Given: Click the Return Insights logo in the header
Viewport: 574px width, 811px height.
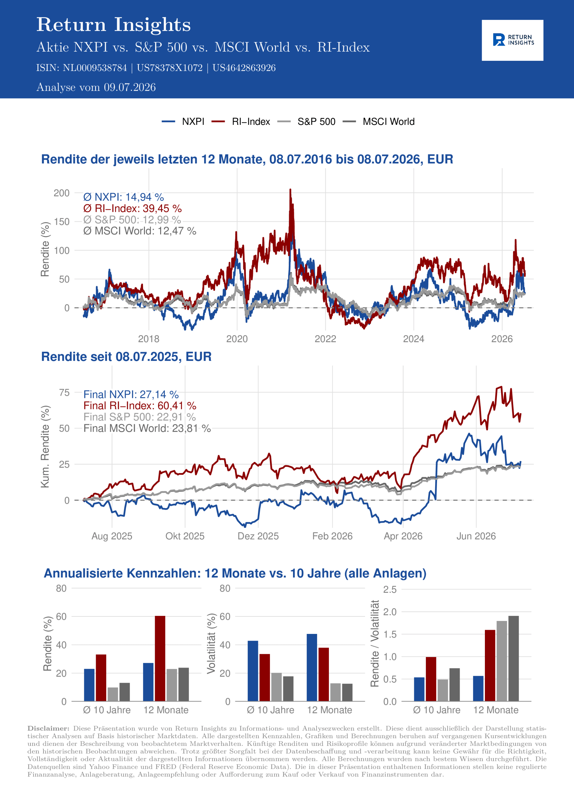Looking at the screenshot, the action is (x=512, y=40).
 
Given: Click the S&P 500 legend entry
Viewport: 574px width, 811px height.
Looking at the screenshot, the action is (x=306, y=122).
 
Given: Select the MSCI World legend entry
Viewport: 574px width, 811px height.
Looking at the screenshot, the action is (x=379, y=122).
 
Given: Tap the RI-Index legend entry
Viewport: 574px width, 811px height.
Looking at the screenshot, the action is (x=241, y=122).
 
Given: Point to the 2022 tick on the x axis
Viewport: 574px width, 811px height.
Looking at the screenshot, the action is (x=325, y=339).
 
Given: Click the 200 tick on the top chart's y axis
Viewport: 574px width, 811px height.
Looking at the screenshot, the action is (x=62, y=193).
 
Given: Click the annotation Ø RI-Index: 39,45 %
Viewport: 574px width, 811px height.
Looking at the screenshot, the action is (x=133, y=208).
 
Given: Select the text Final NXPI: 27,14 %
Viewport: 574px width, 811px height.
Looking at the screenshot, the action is (x=131, y=394).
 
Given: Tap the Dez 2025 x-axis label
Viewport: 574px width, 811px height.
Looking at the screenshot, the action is (x=258, y=536).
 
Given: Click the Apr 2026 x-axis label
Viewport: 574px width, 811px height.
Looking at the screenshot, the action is (x=403, y=536).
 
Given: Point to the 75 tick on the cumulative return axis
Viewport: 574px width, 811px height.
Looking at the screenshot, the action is (x=64, y=393).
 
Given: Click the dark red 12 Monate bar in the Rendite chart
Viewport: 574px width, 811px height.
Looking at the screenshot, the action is (x=160, y=658).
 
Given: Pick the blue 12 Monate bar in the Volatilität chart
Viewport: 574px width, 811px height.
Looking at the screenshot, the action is (x=312, y=667).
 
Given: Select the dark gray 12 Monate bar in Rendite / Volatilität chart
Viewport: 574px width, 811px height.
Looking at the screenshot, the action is (x=513, y=658).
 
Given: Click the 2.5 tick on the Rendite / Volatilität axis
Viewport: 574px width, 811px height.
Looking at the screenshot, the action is (x=390, y=590).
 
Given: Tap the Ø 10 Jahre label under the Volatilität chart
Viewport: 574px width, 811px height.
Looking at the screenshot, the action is (x=271, y=710).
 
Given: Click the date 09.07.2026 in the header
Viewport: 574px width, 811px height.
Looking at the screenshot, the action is (x=130, y=87).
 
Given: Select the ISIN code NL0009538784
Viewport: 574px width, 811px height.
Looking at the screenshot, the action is (x=95, y=68).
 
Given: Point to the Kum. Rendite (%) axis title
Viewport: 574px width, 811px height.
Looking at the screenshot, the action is (x=45, y=447).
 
